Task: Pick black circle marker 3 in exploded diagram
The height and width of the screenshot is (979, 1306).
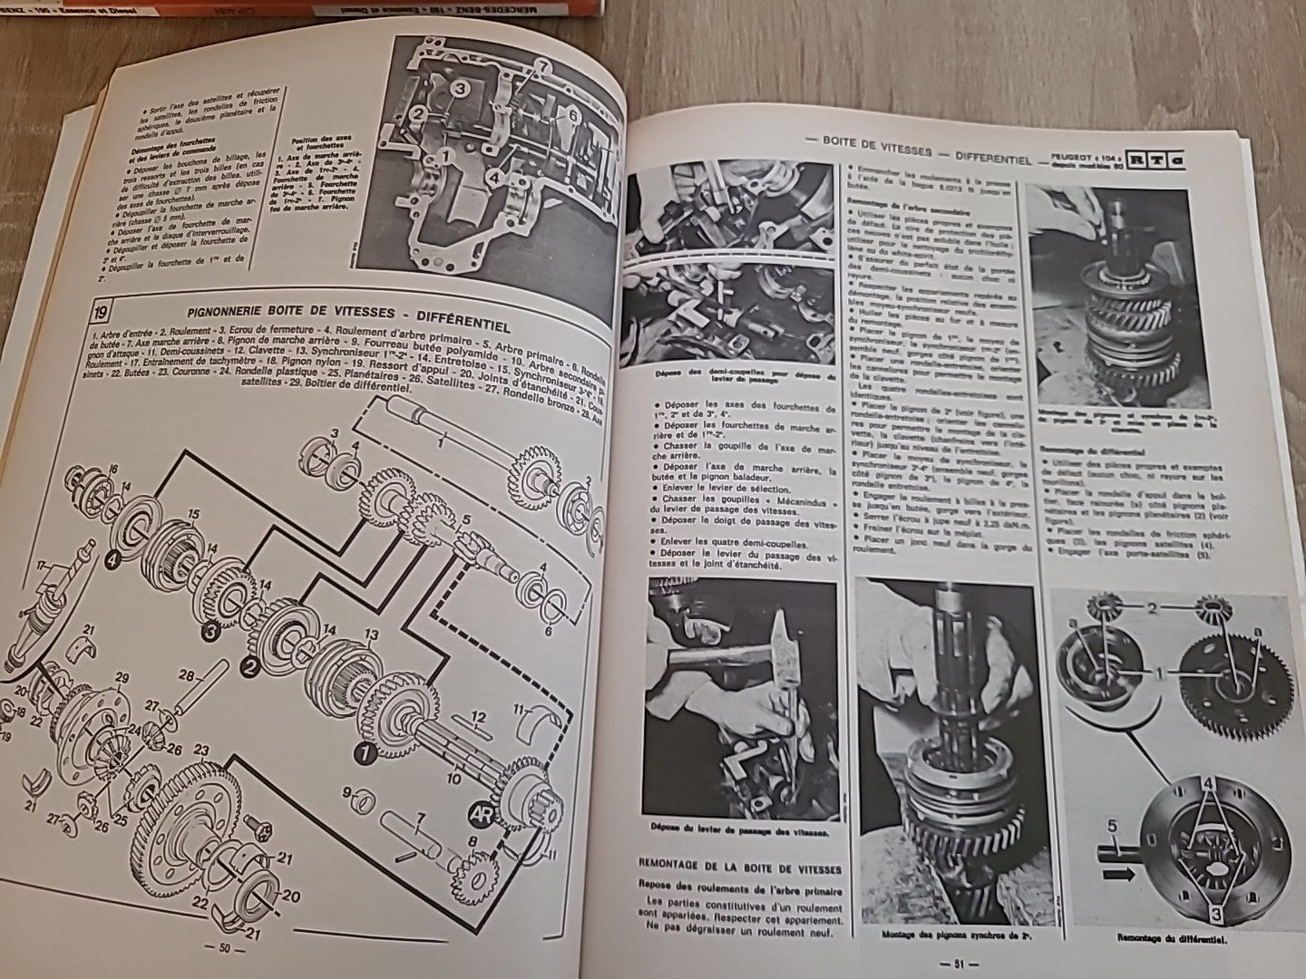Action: pos(211,628)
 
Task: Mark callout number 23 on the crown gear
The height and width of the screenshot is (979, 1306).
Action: pos(200,749)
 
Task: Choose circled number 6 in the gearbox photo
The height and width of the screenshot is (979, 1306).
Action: pos(572,114)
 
